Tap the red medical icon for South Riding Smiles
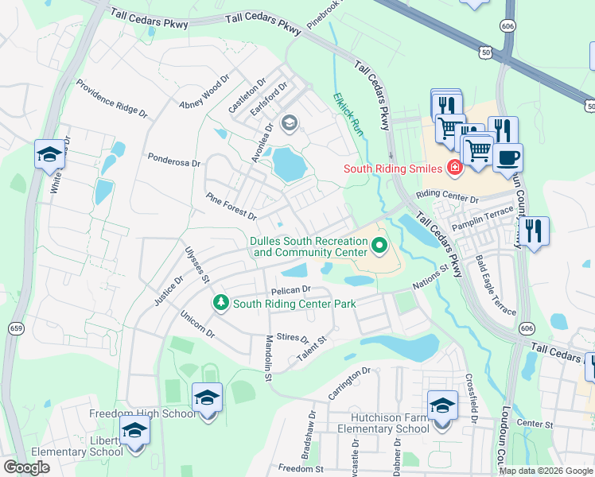[x=453, y=168]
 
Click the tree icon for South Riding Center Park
[x=220, y=303]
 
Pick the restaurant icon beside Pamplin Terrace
[x=533, y=231]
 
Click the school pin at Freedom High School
[x=207, y=397]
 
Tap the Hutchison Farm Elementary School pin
[x=441, y=405]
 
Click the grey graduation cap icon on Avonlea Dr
[x=289, y=122]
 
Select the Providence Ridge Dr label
[x=112, y=99]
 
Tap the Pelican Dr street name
[x=289, y=290]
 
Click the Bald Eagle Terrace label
[x=496, y=285]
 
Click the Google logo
[x=26, y=467]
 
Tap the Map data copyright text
[x=545, y=471]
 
